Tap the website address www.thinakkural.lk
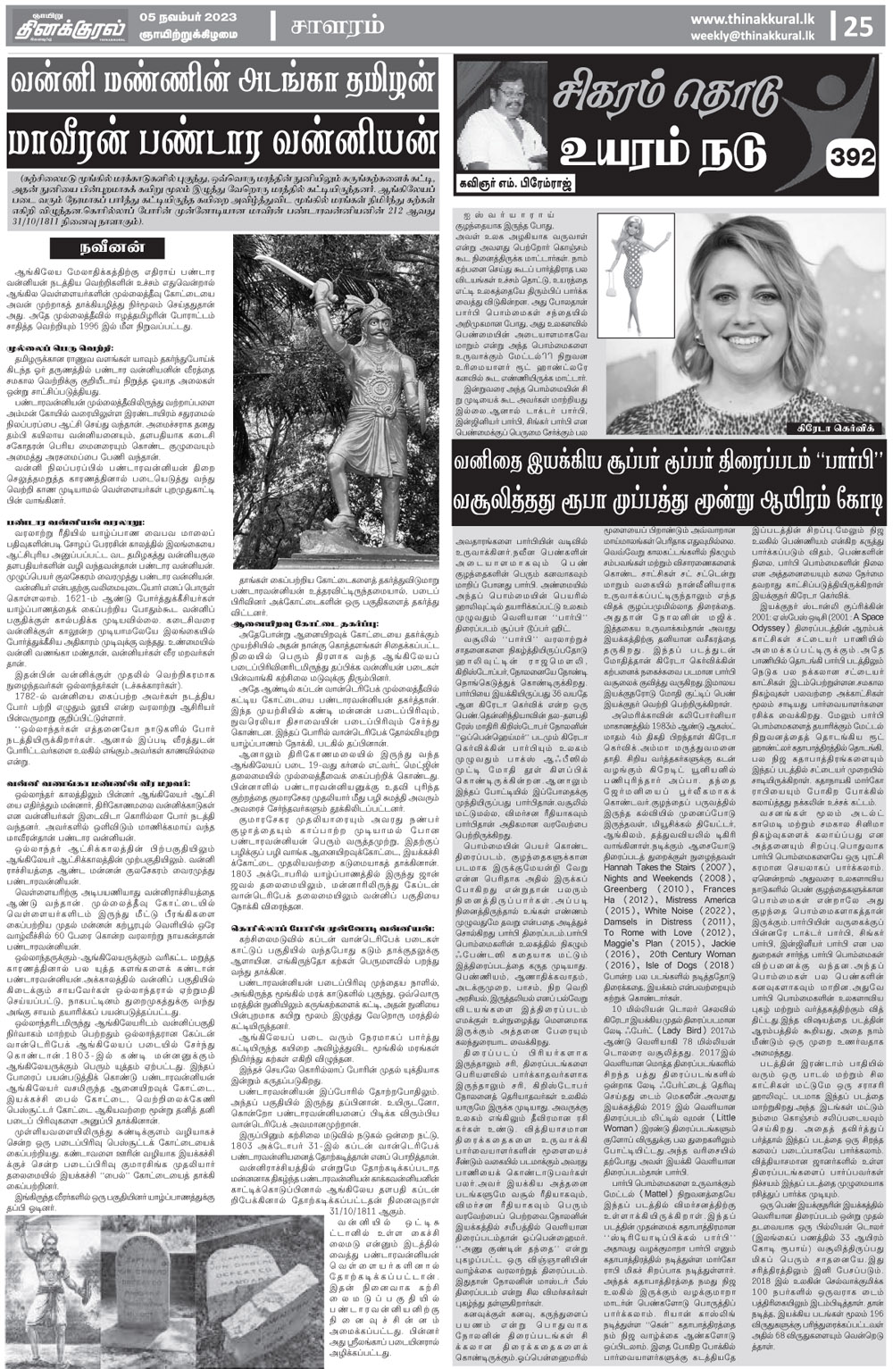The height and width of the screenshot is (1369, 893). click(758, 18)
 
